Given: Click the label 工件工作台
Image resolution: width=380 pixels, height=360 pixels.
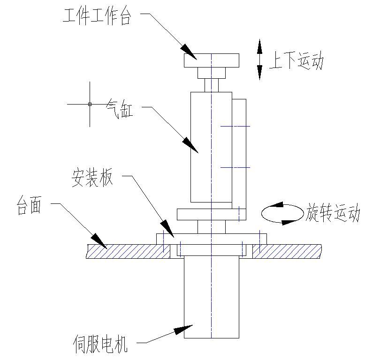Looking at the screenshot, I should pyautogui.click(x=98, y=17).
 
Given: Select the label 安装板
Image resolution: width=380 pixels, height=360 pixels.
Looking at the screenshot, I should pyautogui.click(x=92, y=179).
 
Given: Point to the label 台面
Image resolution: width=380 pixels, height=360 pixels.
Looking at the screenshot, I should pyautogui.click(x=30, y=206).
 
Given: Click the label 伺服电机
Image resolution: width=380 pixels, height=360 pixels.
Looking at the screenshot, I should pyautogui.click(x=100, y=345).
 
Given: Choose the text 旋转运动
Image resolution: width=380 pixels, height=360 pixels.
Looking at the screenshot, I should pyautogui.click(x=334, y=213).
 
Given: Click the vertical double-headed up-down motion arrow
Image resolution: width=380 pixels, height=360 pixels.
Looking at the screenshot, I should pyautogui.click(x=259, y=60).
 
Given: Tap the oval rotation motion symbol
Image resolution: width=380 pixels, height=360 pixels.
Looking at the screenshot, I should pyautogui.click(x=282, y=214).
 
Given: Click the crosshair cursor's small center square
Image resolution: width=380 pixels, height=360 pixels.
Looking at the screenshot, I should pyautogui.click(x=90, y=104).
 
